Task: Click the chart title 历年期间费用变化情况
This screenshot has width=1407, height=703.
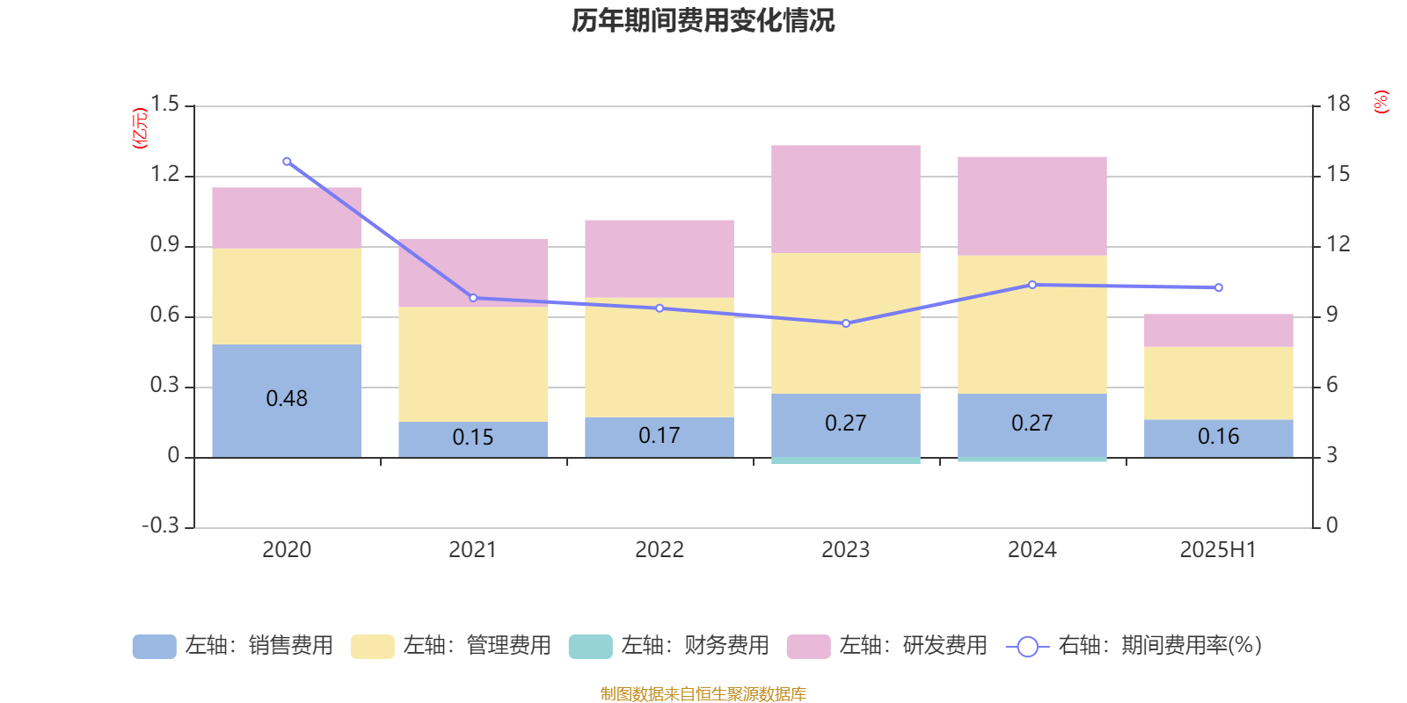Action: [x=703, y=20]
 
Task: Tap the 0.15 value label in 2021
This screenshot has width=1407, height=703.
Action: [x=472, y=437]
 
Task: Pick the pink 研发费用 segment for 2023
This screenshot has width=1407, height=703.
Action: [x=845, y=199]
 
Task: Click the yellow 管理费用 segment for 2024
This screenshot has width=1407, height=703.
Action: [x=1032, y=324]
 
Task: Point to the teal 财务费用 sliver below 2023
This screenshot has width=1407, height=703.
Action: [x=845, y=460]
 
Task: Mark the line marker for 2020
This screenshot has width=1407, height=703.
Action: [x=287, y=162]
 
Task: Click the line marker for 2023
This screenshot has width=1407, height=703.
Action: [x=846, y=323]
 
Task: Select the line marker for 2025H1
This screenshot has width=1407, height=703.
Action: [x=1218, y=287]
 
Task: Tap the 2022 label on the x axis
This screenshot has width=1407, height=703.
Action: [x=659, y=550]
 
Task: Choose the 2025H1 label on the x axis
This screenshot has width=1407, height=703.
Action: [x=1218, y=550]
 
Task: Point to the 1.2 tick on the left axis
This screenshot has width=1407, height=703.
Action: [x=164, y=175]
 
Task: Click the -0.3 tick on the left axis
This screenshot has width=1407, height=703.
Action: [x=160, y=525]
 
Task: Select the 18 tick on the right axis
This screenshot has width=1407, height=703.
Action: [x=1338, y=105]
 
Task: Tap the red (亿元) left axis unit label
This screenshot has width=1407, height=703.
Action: [x=140, y=128]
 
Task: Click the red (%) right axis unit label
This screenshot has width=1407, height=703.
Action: [x=1381, y=102]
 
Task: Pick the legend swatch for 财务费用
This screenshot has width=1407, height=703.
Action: [x=590, y=647]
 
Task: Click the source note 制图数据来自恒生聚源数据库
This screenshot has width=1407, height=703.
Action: [x=703, y=694]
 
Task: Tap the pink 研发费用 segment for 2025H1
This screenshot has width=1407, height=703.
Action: [x=1218, y=330]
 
